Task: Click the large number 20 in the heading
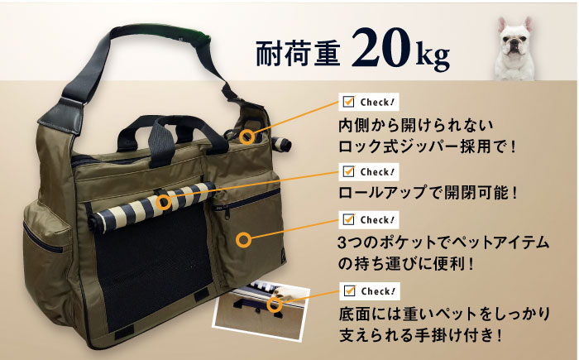(380, 48)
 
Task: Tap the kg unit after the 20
(433, 56)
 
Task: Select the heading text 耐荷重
(298, 54)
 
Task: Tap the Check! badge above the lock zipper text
(369, 102)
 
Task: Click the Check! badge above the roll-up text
(369, 172)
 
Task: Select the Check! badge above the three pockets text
(369, 220)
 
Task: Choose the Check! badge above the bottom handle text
(369, 290)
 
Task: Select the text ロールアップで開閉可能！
(428, 193)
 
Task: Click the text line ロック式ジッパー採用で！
(427, 146)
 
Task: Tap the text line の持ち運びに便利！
(406, 264)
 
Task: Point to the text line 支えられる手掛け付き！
(421, 335)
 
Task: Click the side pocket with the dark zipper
(47, 252)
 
